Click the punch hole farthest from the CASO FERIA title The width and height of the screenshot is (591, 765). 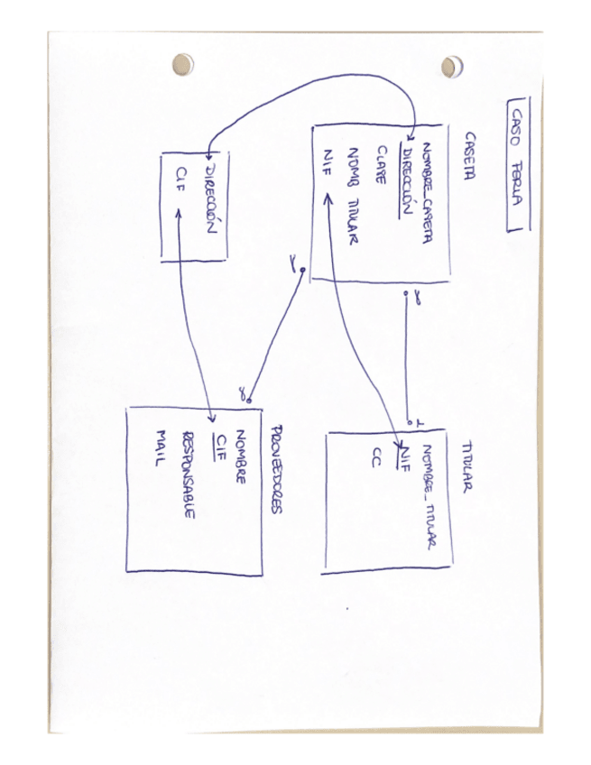183,64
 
